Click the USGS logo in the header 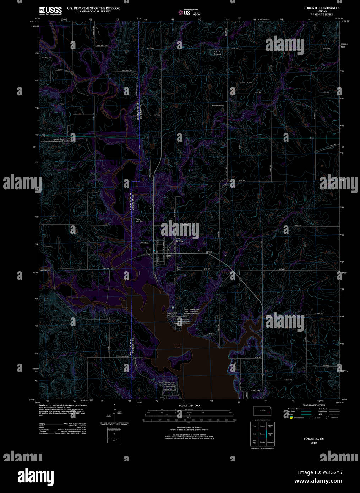(50, 10)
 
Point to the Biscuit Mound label (217, 53)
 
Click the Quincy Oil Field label (246, 83)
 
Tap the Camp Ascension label (217, 105)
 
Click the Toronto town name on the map (167, 256)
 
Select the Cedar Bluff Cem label (139, 220)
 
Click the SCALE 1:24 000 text (189, 405)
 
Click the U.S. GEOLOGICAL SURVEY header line (93, 11)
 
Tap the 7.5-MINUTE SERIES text (321, 15)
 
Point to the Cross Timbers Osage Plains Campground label (191, 311)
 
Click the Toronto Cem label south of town (180, 268)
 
